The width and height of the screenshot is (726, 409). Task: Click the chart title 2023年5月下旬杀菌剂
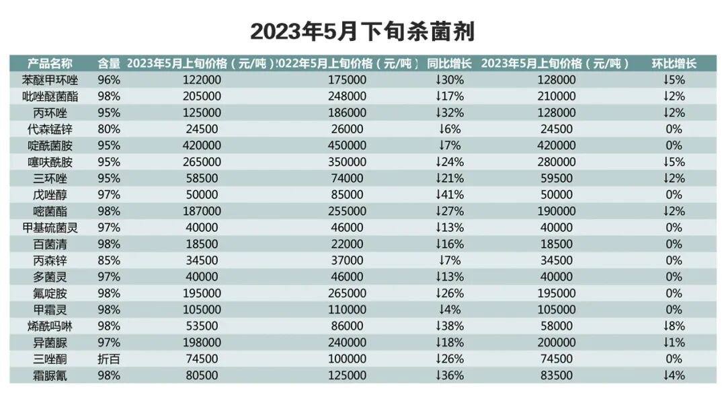pos(362,30)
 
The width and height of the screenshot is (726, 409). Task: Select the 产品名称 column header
pos(50,64)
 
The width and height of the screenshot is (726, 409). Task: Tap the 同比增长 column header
pos(449,64)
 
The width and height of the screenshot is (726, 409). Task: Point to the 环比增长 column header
pos(674,64)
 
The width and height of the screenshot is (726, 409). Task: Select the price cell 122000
pos(201,80)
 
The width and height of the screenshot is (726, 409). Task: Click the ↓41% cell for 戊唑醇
pos(449,194)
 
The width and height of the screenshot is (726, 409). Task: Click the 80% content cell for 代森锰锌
pos(109,129)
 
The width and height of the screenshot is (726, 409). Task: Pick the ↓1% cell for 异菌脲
pos(674,342)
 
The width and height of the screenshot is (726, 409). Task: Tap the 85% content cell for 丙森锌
pos(109,260)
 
